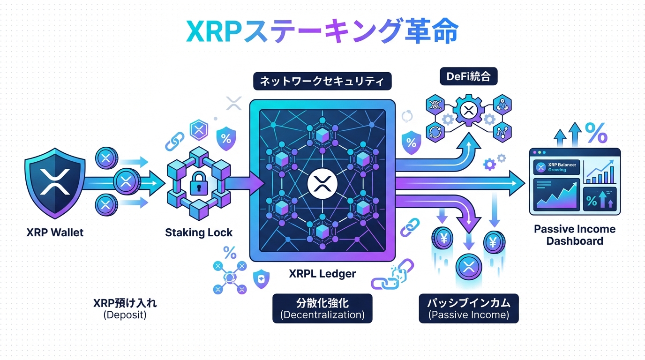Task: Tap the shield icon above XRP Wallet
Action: (x=55, y=181)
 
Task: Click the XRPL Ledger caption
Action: (x=322, y=274)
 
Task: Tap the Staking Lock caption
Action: (x=199, y=232)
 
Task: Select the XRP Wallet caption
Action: (x=55, y=232)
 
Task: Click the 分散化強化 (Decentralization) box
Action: (x=322, y=308)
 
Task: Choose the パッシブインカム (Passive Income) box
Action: (x=469, y=308)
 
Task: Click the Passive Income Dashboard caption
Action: (x=575, y=235)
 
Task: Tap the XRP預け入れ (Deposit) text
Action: (x=125, y=308)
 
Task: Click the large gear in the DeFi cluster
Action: (x=468, y=111)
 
